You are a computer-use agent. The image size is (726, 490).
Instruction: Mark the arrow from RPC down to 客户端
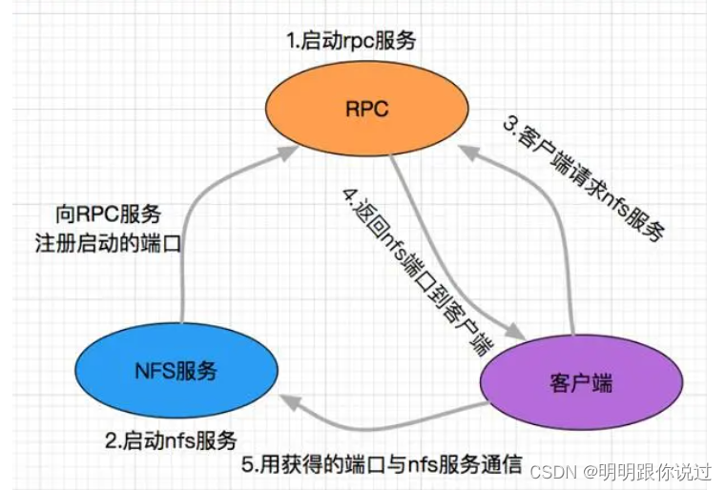pyautogui.click(x=429, y=248)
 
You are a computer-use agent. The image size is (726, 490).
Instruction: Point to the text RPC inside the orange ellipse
pyautogui.click(x=366, y=109)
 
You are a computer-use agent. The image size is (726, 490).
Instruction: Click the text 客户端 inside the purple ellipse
pyautogui.click(x=581, y=383)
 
